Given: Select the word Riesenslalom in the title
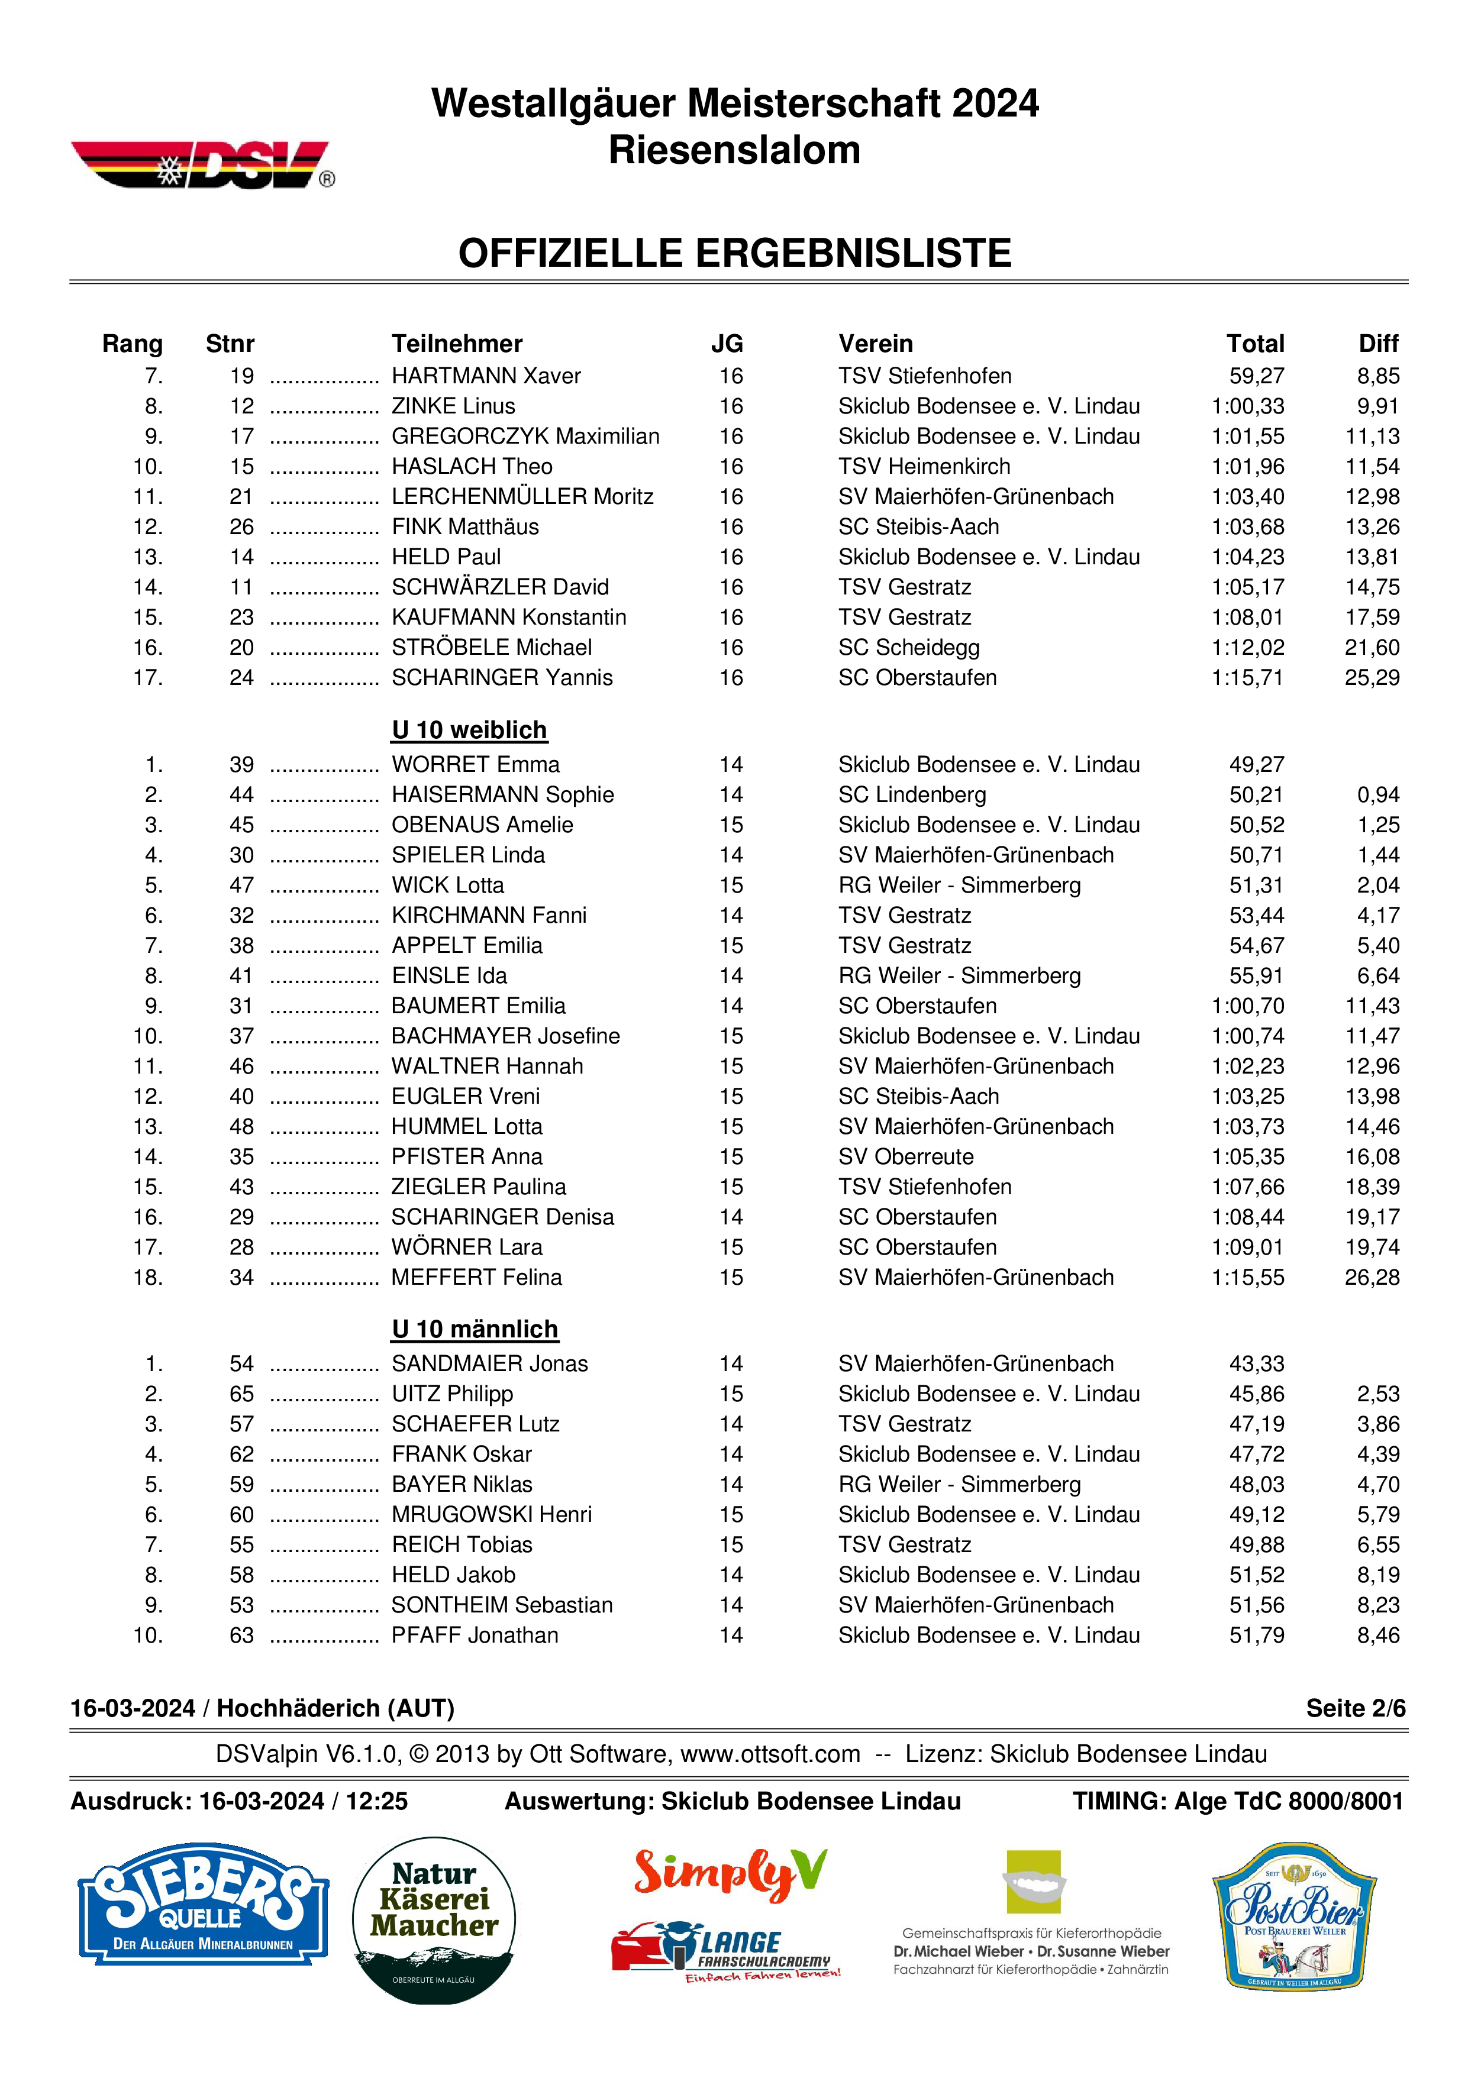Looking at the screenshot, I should click(734, 150).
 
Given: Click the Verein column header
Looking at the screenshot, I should click(875, 344).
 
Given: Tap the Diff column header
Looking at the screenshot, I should click(1377, 344).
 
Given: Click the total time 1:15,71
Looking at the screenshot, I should click(1247, 678).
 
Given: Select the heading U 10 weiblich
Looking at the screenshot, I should click(469, 731).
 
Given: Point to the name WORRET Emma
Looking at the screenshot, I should click(476, 765).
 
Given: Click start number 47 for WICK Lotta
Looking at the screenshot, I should click(241, 885).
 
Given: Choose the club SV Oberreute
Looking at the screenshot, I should click(906, 1157).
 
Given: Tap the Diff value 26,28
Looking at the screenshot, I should click(1372, 1278).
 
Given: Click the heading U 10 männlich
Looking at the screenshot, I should click(475, 1330).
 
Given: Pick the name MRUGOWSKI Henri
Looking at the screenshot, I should click(492, 1515).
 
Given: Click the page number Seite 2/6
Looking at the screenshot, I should click(1355, 1708).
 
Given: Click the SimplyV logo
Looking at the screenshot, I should click(730, 1871).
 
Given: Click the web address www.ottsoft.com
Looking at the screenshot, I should click(770, 1754).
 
